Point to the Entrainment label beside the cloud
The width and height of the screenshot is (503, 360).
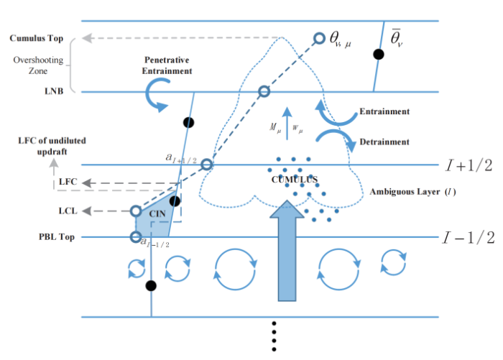tap(384, 112)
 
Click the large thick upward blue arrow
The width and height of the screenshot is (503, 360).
tap(287, 251)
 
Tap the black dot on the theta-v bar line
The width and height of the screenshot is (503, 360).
tap(379, 55)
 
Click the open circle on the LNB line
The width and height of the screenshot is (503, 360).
tap(264, 91)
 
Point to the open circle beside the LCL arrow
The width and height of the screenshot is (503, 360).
tap(136, 211)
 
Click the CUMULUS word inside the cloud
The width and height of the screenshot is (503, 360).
tap(292, 177)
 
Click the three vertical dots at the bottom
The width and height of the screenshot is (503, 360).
tap(273, 336)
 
